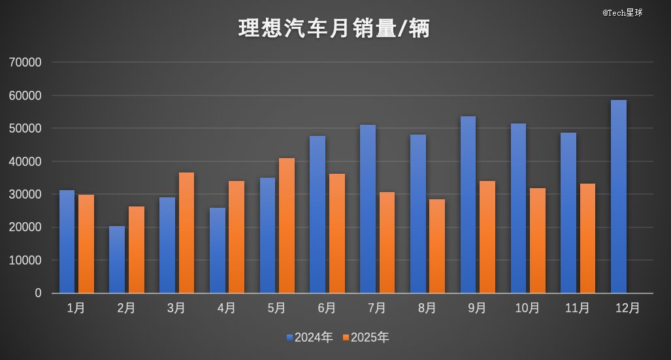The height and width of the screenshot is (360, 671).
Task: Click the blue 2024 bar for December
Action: pyautogui.click(x=618, y=197)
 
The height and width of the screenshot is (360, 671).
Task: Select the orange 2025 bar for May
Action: pyautogui.click(x=286, y=225)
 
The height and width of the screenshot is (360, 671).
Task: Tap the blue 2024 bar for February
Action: pyautogui.click(x=117, y=259)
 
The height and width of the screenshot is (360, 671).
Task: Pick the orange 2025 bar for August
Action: pyautogui.click(x=437, y=246)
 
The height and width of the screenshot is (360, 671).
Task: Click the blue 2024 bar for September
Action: pyautogui.click(x=468, y=205)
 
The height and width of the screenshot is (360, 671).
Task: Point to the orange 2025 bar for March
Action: pyautogui.click(x=186, y=233)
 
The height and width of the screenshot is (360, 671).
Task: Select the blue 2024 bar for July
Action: pyautogui.click(x=368, y=209)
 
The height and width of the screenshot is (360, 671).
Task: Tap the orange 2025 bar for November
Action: pyautogui.click(x=587, y=238)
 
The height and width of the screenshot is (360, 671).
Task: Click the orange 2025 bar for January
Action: pyautogui.click(x=86, y=244)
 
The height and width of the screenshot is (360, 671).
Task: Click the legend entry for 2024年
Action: pyautogui.click(x=309, y=338)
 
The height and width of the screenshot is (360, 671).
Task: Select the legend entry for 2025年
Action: pyautogui.click(x=365, y=338)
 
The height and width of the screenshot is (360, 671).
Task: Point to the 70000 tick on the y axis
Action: pyautogui.click(x=26, y=63)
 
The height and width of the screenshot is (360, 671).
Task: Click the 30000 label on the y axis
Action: pyautogui.click(x=26, y=195)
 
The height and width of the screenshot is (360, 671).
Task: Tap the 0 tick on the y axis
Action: pyautogui.click(x=38, y=293)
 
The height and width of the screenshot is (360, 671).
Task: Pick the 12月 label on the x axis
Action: pyautogui.click(x=627, y=308)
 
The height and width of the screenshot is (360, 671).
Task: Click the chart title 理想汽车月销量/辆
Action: pyautogui.click(x=334, y=29)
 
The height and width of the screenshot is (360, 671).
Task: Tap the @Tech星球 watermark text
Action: pyautogui.click(x=622, y=12)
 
